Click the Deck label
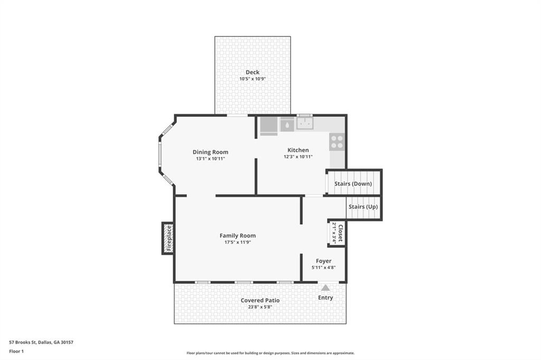(x=253, y=72)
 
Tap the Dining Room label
(x=210, y=152)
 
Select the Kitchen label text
(x=298, y=150)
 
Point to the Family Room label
(x=238, y=235)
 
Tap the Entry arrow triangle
(x=325, y=288)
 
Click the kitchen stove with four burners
(x=337, y=141)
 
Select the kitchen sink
(x=305, y=123)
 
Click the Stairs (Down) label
(x=353, y=184)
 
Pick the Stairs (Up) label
(x=363, y=206)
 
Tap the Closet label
(x=340, y=233)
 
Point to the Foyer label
(x=324, y=261)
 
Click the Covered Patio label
(x=260, y=300)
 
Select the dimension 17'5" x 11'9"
(x=238, y=242)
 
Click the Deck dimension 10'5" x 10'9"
(x=253, y=79)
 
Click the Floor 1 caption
(x=16, y=352)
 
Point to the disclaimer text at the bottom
(x=270, y=353)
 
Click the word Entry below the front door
(x=325, y=298)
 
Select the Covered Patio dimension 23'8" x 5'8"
(x=260, y=307)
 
